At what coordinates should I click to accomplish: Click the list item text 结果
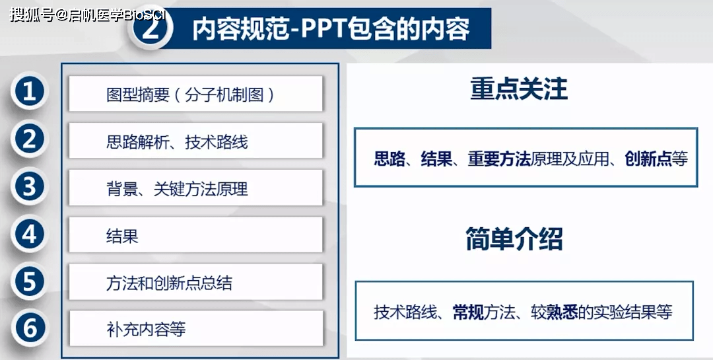click(122, 236)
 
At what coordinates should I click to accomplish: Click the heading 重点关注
click(519, 89)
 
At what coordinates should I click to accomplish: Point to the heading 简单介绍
click(514, 239)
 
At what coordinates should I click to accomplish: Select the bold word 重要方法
click(499, 159)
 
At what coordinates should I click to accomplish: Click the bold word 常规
click(468, 312)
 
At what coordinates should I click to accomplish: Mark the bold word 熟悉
click(562, 312)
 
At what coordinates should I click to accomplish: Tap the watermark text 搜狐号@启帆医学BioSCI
click(88, 15)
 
